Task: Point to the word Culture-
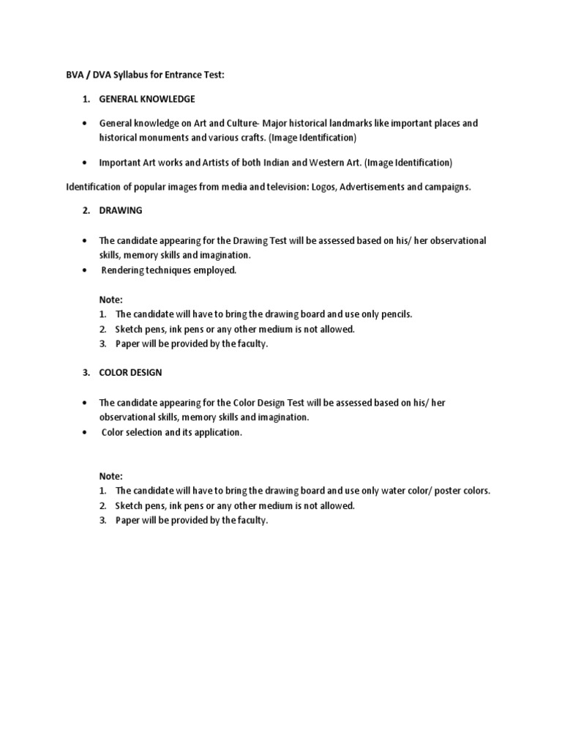(x=239, y=123)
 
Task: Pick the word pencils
(x=395, y=313)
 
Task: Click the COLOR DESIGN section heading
(x=131, y=372)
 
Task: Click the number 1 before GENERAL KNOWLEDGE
(x=86, y=99)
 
